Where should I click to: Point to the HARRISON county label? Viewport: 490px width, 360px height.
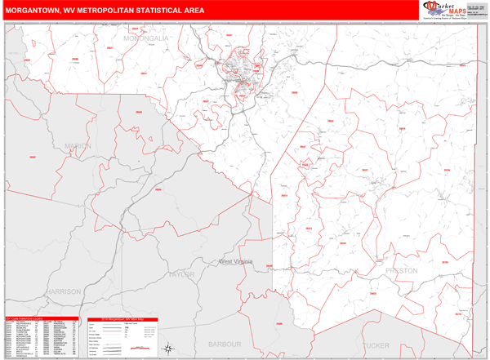point(64,291)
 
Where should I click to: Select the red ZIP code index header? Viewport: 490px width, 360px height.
point(41,319)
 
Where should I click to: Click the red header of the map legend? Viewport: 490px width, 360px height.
point(122,319)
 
